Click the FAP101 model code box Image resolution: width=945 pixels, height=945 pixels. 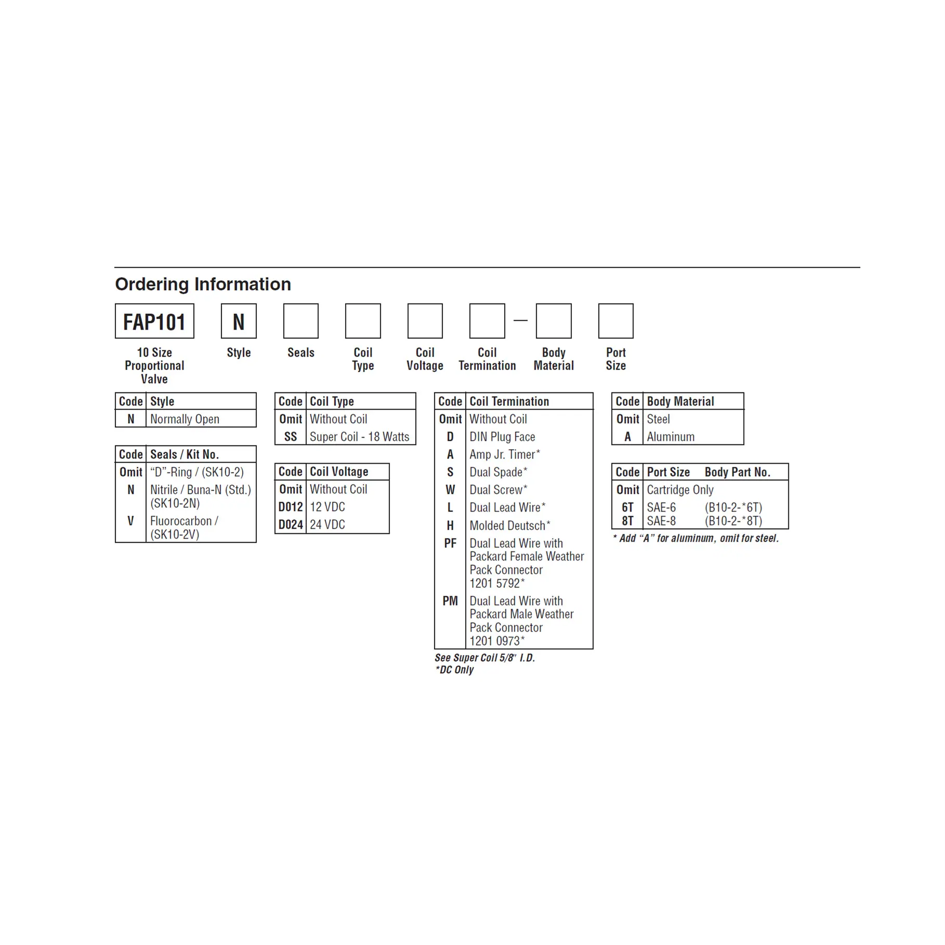[x=154, y=321]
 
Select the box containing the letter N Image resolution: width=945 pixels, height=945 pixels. [x=239, y=321]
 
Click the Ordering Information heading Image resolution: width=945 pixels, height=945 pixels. [x=203, y=284]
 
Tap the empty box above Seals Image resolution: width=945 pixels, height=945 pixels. [x=300, y=321]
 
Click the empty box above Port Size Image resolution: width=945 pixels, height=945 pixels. [x=616, y=321]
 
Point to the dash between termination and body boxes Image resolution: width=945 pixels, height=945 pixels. [x=520, y=321]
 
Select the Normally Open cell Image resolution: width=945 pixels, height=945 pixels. [x=185, y=419]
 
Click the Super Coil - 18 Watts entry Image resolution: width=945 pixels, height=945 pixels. [x=360, y=437]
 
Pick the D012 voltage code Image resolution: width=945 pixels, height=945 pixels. [x=291, y=507]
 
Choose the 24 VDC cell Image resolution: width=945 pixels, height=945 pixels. [x=327, y=524]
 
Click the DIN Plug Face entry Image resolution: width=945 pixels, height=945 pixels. [x=502, y=437]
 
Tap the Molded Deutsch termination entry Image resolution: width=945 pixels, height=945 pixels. [x=510, y=526]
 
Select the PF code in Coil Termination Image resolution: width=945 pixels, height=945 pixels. [x=450, y=543]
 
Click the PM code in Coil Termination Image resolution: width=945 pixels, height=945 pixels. [x=450, y=601]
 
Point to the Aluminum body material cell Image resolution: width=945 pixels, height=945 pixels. [x=671, y=437]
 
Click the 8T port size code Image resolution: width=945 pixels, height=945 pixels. [x=627, y=521]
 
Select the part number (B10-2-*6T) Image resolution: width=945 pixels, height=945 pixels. [x=733, y=507]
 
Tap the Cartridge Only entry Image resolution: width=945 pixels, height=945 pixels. [x=680, y=490]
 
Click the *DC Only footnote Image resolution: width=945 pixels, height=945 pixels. [x=454, y=670]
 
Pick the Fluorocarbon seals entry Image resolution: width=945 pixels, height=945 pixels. [x=184, y=527]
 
